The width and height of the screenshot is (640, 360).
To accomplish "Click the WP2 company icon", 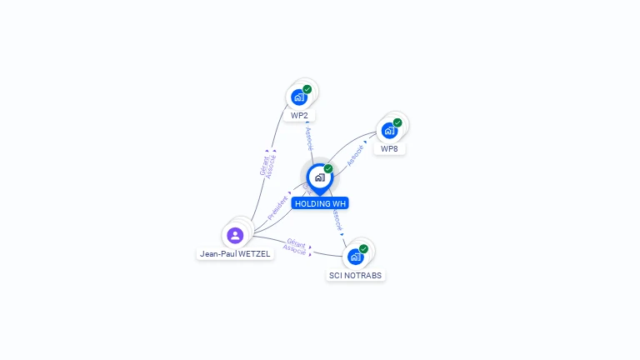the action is (x=299, y=97).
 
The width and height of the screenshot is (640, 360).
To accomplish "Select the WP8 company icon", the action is (x=389, y=131).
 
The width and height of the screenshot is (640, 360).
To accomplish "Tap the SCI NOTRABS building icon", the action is (x=356, y=257).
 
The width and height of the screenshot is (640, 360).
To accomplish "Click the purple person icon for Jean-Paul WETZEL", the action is (x=235, y=236).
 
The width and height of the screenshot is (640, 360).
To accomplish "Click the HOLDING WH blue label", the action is (x=320, y=203).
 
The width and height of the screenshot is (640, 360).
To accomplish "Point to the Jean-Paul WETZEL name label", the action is (x=235, y=254).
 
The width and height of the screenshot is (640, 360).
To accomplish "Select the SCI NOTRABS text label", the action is (x=356, y=276).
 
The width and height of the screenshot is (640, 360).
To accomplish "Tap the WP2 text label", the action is (x=299, y=116).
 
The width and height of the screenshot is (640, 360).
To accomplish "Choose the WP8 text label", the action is (x=389, y=149).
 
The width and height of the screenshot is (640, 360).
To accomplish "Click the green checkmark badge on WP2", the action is (x=307, y=89).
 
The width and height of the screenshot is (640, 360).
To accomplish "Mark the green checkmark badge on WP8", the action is (x=397, y=122).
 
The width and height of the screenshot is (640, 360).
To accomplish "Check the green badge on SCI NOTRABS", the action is (x=363, y=249).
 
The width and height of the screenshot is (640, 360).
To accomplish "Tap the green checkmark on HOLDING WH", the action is (x=328, y=169).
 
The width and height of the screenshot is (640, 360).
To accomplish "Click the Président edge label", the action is (x=277, y=207).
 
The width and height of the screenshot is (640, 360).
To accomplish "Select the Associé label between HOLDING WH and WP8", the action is (x=355, y=156).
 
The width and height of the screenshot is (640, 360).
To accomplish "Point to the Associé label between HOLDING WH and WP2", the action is (x=309, y=139).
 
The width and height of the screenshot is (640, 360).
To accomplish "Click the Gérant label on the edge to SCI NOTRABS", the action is (x=297, y=243).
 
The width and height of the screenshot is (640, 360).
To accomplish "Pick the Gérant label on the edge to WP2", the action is (x=264, y=166).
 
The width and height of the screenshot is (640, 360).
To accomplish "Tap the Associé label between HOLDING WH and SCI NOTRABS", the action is (x=337, y=220).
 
